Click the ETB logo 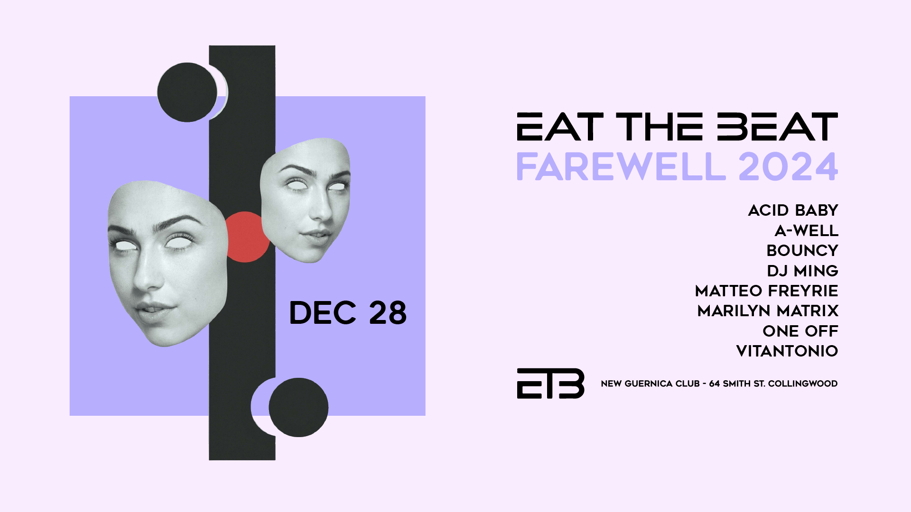[550, 384]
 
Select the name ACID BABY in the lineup [793, 210]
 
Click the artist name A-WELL [807, 230]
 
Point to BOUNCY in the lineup [802, 250]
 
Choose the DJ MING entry [803, 271]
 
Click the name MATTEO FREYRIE [767, 291]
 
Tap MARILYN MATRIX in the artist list [768, 311]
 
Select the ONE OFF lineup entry [800, 331]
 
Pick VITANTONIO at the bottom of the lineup [787, 351]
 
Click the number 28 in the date [388, 313]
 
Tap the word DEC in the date [323, 313]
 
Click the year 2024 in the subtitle [788, 167]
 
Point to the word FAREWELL [621, 167]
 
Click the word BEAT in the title [777, 127]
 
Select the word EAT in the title [560, 127]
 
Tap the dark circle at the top [187, 92]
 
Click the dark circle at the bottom [298, 407]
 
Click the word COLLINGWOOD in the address [803, 384]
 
